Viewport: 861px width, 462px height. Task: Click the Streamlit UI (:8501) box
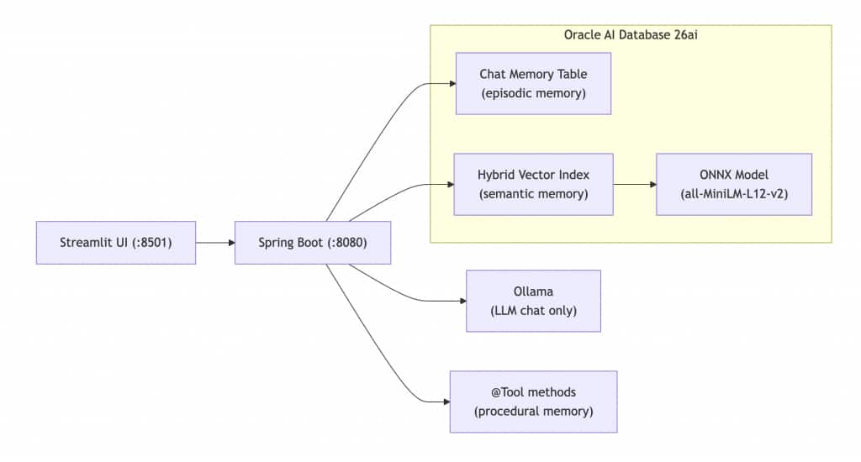pyautogui.click(x=116, y=243)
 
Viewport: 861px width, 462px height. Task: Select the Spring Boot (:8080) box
pyautogui.click(x=313, y=243)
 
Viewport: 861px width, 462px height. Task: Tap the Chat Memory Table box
pyautogui.click(x=533, y=83)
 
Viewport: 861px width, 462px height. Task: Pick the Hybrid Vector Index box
pyautogui.click(x=533, y=184)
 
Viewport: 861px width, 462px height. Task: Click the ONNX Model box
pyautogui.click(x=734, y=184)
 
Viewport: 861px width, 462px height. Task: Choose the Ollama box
pyautogui.click(x=533, y=301)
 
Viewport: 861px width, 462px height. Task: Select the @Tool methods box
pyautogui.click(x=533, y=402)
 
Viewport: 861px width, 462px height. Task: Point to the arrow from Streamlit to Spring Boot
pyautogui.click(x=214, y=243)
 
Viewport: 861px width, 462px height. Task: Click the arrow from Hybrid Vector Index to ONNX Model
pyautogui.click(x=634, y=184)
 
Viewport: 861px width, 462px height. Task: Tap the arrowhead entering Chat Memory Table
pyautogui.click(x=451, y=83)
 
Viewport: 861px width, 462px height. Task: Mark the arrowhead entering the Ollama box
pyautogui.click(x=462, y=301)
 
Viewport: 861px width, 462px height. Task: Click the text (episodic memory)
pyautogui.click(x=533, y=93)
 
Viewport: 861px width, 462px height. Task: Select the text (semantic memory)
pyautogui.click(x=533, y=194)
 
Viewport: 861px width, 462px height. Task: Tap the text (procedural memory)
pyautogui.click(x=533, y=412)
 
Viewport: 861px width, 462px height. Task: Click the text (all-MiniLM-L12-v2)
pyautogui.click(x=734, y=194)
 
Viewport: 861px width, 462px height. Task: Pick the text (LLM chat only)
pyautogui.click(x=533, y=311)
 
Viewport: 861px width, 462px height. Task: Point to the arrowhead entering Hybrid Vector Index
pyautogui.click(x=448, y=184)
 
